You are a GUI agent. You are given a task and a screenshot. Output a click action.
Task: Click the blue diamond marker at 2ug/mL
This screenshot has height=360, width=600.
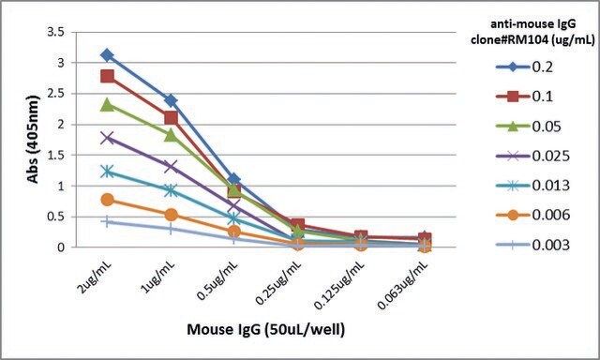point(108,55)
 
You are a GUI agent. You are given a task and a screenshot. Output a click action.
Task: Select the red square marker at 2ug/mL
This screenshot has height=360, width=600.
point(108,76)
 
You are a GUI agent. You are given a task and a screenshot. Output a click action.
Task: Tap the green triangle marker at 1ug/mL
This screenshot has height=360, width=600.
point(171,135)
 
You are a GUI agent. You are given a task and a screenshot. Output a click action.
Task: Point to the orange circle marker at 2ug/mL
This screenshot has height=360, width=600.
point(108,200)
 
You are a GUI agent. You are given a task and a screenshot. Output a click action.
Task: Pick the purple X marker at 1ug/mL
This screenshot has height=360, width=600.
point(171,166)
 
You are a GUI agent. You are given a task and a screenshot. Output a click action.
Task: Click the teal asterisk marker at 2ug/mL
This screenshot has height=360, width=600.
point(108,172)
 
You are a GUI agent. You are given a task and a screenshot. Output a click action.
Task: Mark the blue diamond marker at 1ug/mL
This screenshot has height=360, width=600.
point(171,101)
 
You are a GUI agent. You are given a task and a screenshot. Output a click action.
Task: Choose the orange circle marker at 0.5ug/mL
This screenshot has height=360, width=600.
point(234,232)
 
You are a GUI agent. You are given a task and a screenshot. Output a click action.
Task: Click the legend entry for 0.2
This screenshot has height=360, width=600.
point(524,67)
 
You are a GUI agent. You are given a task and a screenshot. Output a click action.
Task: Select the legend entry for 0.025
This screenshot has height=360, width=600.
point(532,156)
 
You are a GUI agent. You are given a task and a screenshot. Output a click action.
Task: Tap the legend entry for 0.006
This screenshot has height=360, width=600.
point(532,215)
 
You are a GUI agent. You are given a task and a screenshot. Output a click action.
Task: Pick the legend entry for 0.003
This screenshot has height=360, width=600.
point(532,245)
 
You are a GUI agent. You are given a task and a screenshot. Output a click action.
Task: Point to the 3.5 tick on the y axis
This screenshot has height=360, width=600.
point(55,32)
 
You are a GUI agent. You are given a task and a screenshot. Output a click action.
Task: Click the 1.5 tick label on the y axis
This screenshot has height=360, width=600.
point(55,155)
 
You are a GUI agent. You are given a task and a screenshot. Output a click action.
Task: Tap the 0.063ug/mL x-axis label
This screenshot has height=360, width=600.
point(402,283)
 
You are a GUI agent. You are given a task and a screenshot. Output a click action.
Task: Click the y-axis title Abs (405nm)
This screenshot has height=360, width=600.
point(33,140)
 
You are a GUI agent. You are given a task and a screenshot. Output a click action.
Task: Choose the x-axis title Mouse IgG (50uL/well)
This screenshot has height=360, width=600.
point(265,329)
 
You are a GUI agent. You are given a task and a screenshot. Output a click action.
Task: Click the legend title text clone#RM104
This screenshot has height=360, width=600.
point(510,39)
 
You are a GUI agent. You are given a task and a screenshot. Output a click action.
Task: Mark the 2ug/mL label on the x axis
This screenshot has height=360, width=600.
point(96,275)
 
